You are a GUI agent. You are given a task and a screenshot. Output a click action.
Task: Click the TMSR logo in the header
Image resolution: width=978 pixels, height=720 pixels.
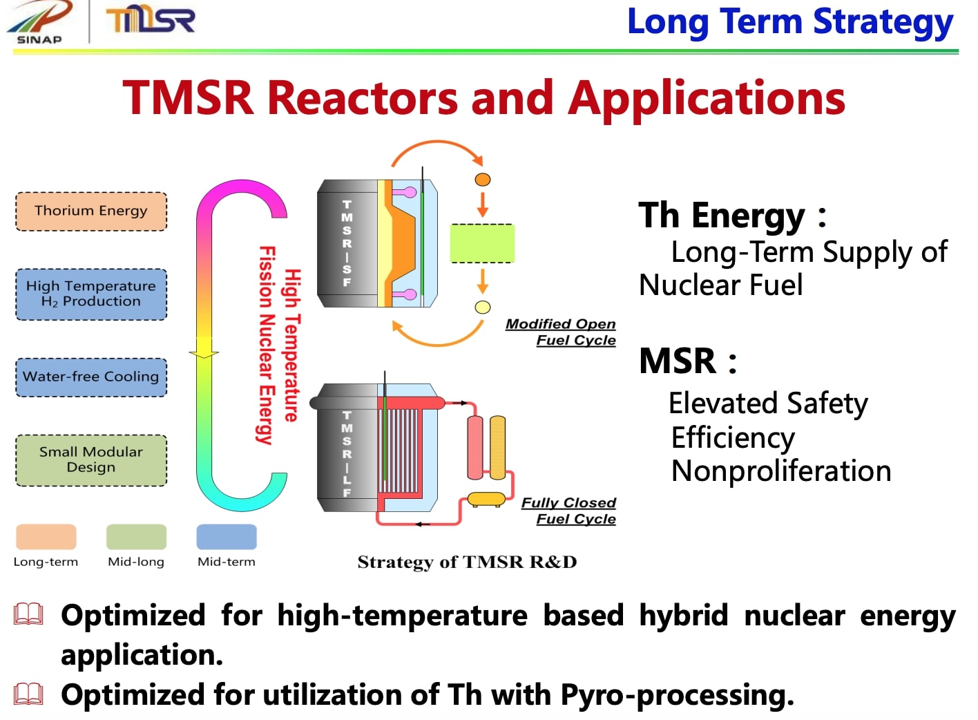coord(151,21)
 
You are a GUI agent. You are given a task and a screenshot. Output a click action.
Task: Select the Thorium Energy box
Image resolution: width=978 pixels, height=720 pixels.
coord(91,211)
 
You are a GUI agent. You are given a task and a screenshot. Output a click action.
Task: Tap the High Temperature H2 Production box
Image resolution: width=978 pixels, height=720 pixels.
coord(91,294)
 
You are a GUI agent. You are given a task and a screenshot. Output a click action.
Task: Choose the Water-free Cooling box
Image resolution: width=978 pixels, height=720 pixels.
coord(91,377)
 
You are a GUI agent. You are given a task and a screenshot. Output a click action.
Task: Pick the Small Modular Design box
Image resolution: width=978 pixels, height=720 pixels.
coord(91,460)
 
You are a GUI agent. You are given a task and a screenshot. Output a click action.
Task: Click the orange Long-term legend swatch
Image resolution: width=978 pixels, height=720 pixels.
coord(46,537)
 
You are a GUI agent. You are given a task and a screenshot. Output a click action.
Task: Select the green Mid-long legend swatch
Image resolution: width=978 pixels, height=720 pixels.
coord(136,537)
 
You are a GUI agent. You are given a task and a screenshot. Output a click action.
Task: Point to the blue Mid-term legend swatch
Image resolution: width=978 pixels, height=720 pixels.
coord(227,537)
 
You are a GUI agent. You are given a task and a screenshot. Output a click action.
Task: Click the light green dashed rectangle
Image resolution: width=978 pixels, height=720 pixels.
coord(482,243)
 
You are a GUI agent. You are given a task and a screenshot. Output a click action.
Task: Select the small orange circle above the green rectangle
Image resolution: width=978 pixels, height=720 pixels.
coord(483,180)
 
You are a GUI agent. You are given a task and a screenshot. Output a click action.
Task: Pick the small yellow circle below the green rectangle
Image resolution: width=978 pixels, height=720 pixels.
coord(483,307)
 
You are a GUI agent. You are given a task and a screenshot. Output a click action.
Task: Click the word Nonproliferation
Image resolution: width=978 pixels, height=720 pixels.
coord(781,471)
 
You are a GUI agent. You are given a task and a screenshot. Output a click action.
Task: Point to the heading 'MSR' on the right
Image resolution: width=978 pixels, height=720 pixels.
coord(678,361)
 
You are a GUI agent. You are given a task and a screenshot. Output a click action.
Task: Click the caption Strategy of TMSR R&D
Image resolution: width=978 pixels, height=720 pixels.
coord(467,562)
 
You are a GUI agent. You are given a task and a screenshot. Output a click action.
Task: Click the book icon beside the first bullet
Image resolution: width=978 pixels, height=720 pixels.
coord(29,614)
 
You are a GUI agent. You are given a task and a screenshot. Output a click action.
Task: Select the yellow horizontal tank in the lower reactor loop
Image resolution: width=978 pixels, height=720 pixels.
coord(486,499)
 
